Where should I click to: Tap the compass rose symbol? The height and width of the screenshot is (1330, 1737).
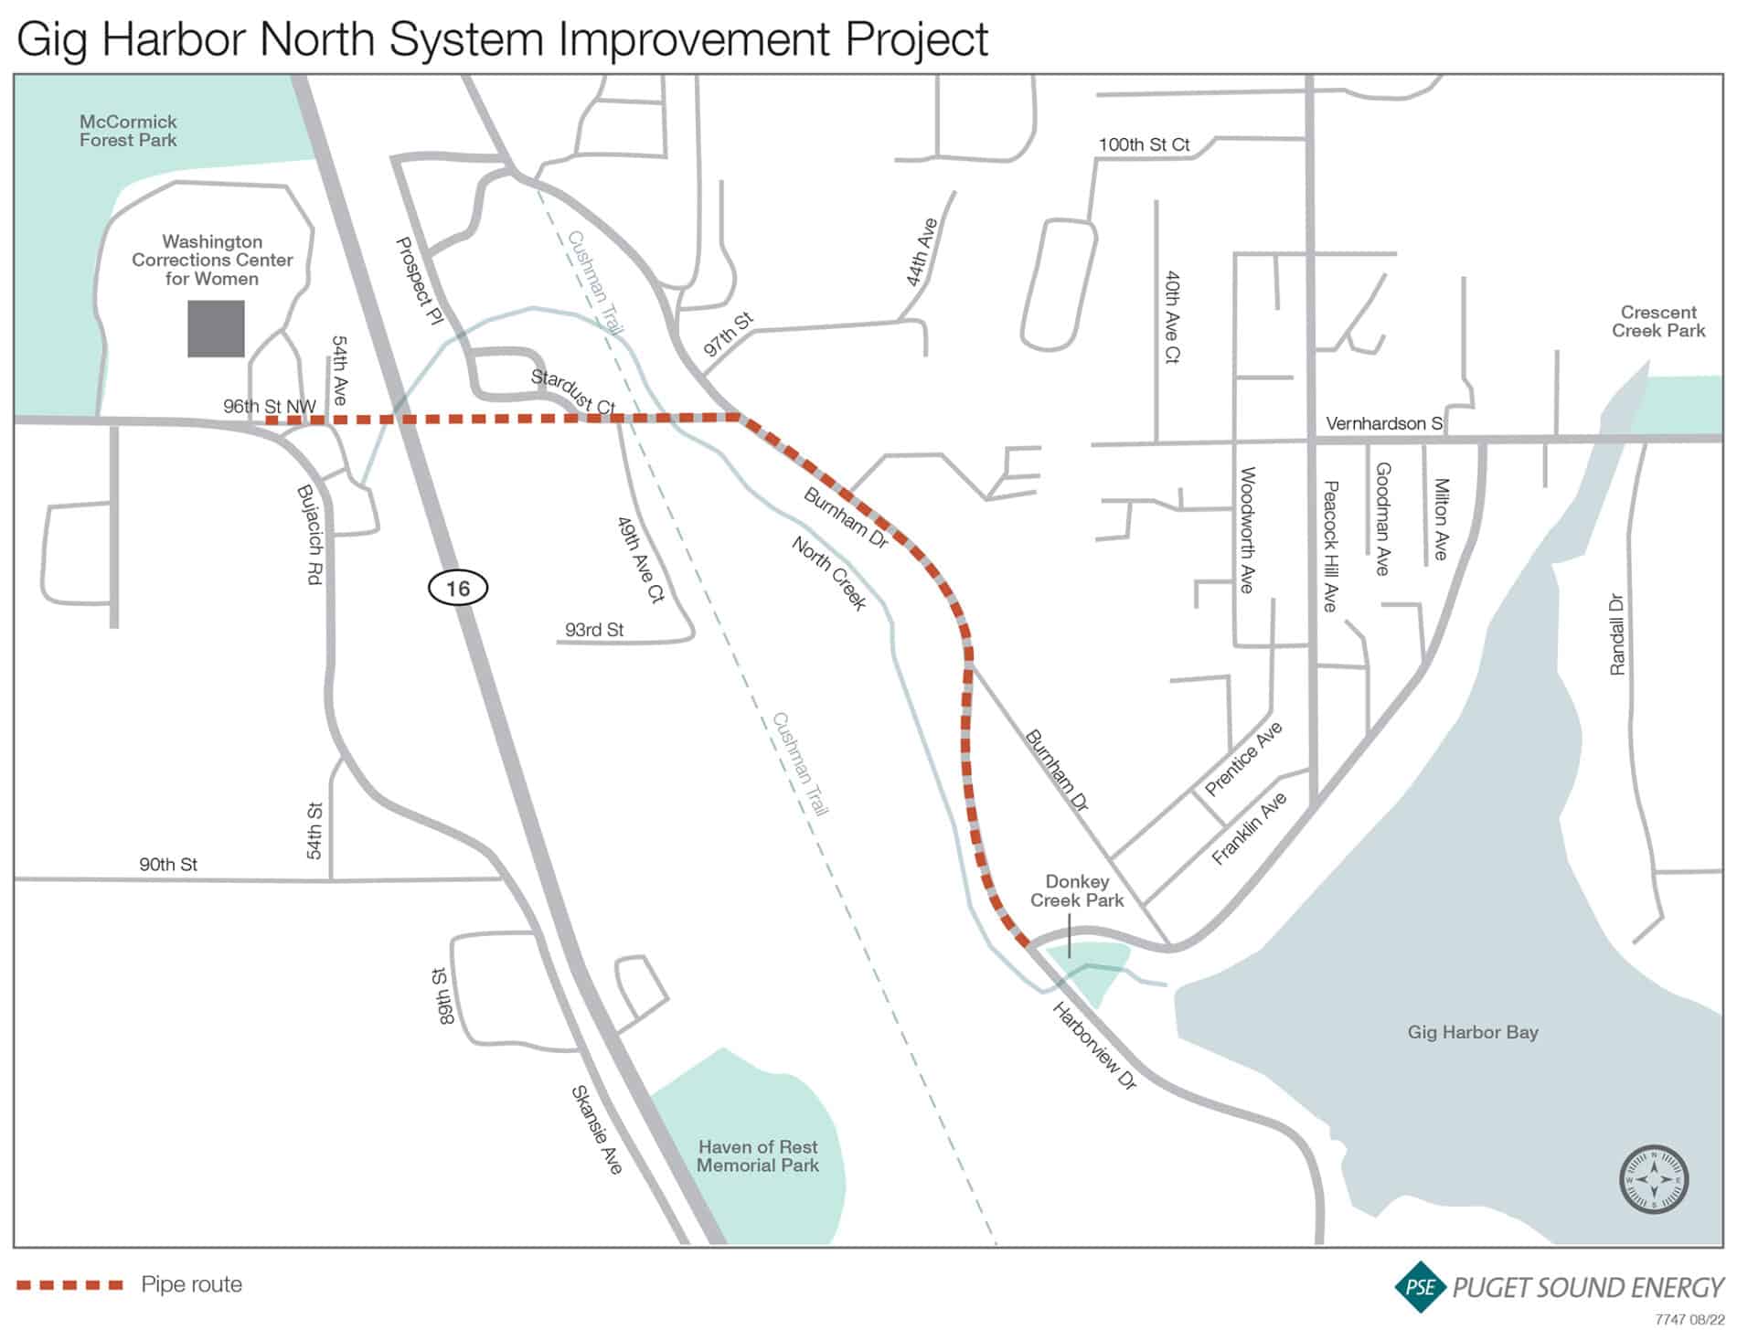point(1653,1179)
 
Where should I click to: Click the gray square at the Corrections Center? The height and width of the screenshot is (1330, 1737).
point(216,328)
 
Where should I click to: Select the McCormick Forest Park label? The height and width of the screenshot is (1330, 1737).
point(128,131)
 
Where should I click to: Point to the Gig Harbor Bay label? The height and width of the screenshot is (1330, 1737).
point(1472,1032)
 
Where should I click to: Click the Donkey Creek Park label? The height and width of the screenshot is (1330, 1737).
point(1076,890)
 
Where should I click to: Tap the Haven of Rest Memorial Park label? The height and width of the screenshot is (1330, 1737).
point(757,1155)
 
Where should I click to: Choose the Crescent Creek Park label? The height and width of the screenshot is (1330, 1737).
point(1657,322)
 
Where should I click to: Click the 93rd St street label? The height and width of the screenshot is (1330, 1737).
point(594,630)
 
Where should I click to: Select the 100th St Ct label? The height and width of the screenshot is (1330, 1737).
point(1144,144)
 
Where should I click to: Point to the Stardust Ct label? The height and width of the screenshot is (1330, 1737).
point(573,391)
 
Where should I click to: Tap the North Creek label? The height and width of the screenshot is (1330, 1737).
point(828,573)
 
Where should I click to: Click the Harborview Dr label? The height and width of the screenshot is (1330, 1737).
point(1094,1046)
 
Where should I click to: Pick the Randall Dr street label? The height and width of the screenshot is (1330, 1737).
point(1617,634)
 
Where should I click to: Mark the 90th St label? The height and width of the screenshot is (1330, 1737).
point(168,864)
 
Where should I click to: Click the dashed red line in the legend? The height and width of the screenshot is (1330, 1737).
point(69,1285)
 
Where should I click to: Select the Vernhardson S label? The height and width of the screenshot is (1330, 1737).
point(1383,423)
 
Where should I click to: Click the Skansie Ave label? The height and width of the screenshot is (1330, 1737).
point(596,1130)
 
